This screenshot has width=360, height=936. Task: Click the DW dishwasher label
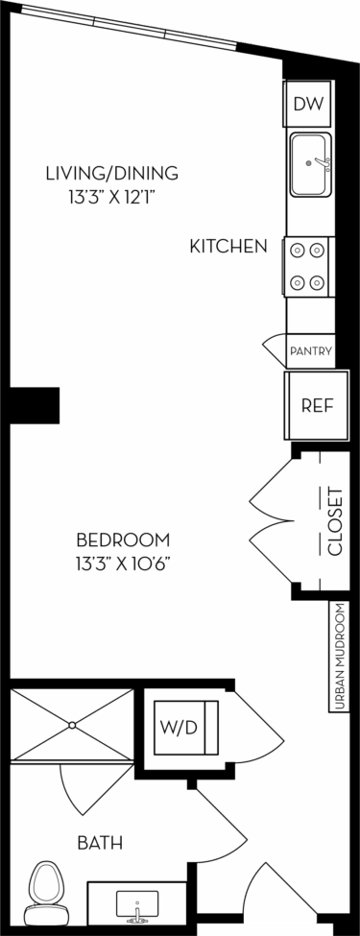tap(308, 105)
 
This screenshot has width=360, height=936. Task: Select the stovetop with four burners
tap(307, 266)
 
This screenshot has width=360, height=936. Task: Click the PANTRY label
tap(311, 351)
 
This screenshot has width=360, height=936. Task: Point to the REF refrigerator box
tap(316, 404)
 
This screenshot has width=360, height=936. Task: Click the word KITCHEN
tap(228, 247)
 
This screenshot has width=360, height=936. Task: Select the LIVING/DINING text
tap(112, 174)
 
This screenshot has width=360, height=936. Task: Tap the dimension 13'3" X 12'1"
tap(112, 198)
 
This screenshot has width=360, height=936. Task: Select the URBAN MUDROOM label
tap(340, 657)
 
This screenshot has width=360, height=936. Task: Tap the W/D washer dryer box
tap(188, 728)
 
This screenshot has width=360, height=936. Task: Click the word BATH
tap(100, 843)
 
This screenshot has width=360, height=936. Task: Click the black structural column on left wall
tap(36, 401)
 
